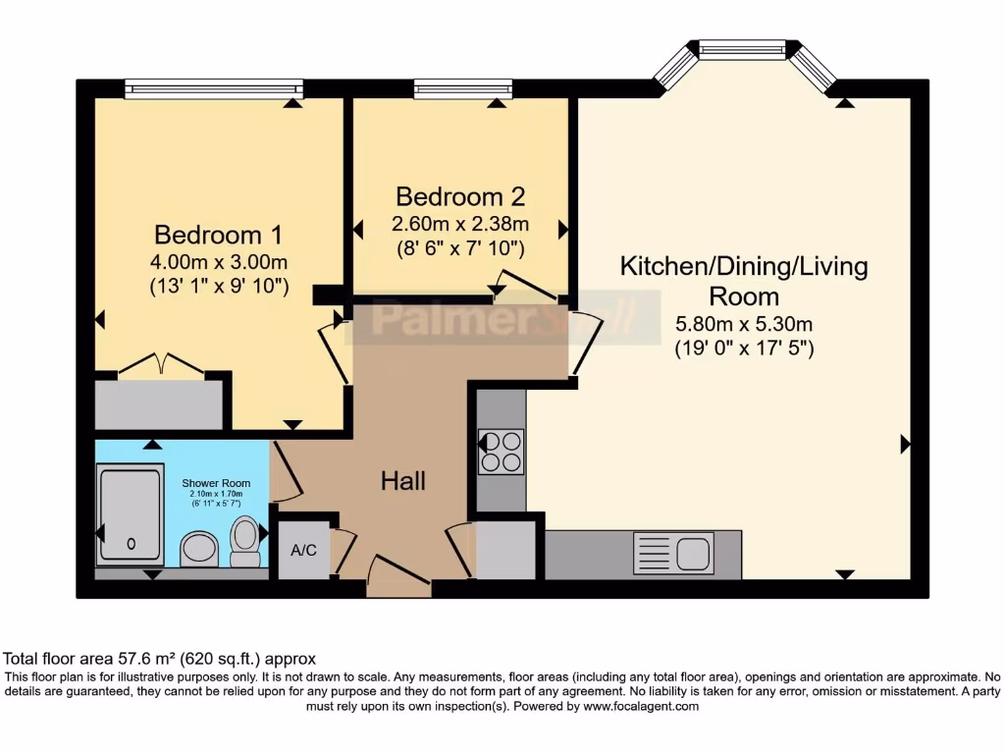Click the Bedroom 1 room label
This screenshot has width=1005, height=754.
coord(218,236)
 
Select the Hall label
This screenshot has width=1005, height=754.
coord(403,481)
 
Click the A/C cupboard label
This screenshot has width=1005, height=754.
coord(303,550)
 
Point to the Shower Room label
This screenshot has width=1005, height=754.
coord(215,483)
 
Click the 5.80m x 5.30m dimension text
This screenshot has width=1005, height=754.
coord(744,324)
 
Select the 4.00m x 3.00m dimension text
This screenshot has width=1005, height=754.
coord(218,262)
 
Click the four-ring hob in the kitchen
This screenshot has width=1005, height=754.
coord(501,452)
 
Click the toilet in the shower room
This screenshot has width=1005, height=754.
coord(245,540)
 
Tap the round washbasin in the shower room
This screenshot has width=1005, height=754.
coord(201,549)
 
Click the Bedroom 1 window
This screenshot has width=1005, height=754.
coord(214,89)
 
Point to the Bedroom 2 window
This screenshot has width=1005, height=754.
coord(463,89)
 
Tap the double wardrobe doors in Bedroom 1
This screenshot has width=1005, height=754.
coord(161,364)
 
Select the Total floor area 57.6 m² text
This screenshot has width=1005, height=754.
coord(160,659)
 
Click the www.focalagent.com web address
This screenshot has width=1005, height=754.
coord(641,706)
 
